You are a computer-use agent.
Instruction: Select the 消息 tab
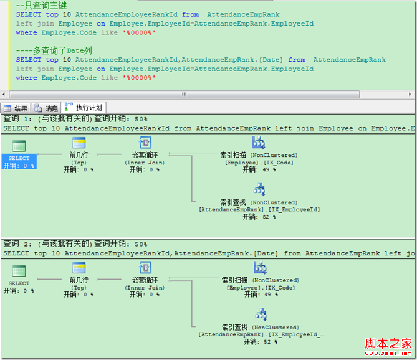pos(46,108)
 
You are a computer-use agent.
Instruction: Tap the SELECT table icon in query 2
pos(19,271)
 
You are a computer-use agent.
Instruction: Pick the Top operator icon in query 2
pos(79,268)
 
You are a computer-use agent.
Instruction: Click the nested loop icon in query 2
pos(145,268)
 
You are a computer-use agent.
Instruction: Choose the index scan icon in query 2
pos(259,268)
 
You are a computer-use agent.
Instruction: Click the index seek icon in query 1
pos(259,189)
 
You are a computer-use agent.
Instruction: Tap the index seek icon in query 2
pos(259,314)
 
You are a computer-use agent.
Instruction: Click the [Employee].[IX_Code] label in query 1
pos(259,163)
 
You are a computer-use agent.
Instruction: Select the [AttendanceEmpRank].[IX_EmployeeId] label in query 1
pos(259,210)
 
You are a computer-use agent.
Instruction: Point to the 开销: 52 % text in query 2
pos(259,342)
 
